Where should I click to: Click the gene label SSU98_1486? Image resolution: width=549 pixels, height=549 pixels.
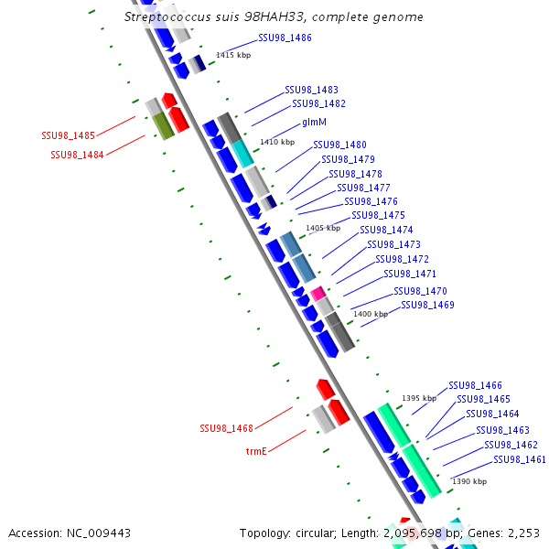(285, 38)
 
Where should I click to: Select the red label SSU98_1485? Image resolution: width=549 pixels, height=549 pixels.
(68, 135)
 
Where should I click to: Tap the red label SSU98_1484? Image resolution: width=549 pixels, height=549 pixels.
(77, 155)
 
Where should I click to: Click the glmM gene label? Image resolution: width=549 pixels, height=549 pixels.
(315, 122)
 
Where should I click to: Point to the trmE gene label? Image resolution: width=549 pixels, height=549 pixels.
(255, 451)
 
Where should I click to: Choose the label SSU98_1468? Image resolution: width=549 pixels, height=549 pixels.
(226, 428)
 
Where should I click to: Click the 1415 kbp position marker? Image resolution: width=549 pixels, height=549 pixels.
(233, 56)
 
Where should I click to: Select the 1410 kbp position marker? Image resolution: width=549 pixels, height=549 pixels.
(277, 142)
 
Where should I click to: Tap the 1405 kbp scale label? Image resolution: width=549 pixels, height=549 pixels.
(323, 228)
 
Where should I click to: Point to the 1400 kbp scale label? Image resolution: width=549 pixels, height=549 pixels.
(371, 314)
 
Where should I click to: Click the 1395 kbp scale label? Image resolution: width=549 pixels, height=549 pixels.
(419, 398)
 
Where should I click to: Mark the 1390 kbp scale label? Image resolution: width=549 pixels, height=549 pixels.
(469, 481)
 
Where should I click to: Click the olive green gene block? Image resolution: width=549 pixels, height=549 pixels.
(163, 124)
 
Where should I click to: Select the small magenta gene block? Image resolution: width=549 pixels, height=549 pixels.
(318, 294)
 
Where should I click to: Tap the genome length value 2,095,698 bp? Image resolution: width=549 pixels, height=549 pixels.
(422, 533)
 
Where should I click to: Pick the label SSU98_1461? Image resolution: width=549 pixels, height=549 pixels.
(520, 459)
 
